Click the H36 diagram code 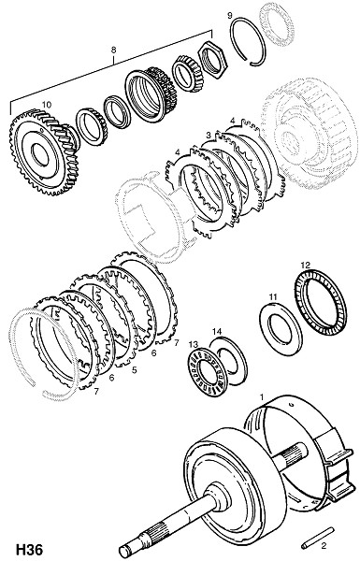tap(29, 550)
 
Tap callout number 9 tap(230, 15)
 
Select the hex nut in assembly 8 tap(212, 59)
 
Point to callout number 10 tap(47, 105)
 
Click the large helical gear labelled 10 tap(44, 152)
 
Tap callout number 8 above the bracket tap(113, 50)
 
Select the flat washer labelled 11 tap(281, 329)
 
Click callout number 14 tap(217, 331)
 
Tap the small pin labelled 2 tap(317, 539)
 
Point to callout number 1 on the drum tap(262, 397)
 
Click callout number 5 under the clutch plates tap(134, 370)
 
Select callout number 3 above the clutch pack tap(209, 136)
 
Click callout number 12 tap(305, 266)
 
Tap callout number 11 tap(273, 297)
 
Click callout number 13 tap(194, 344)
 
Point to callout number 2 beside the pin tap(324, 546)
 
